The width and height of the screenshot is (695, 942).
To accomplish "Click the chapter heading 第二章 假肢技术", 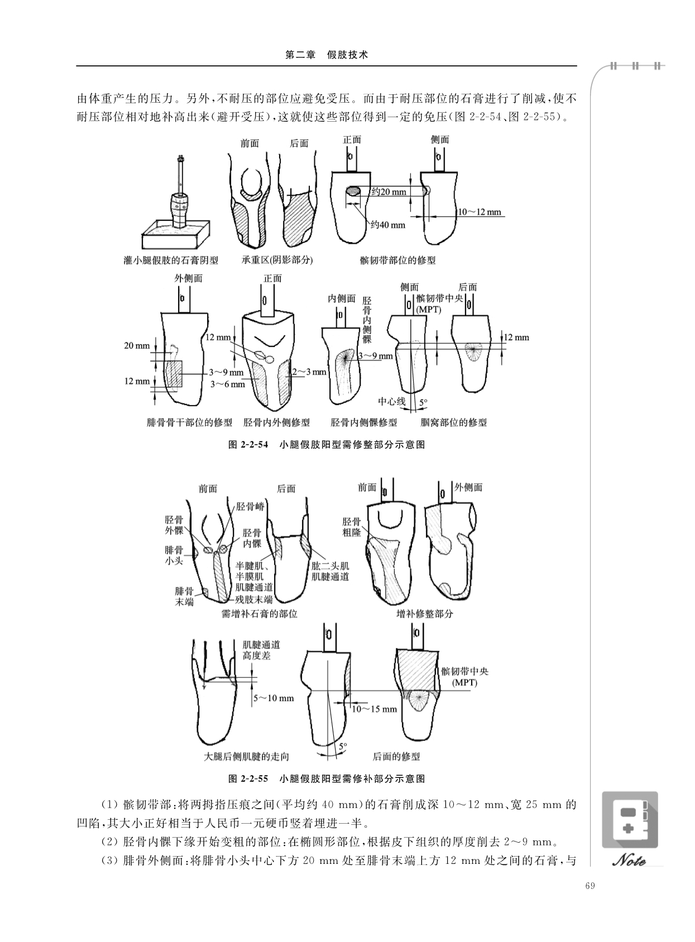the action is (x=327, y=55).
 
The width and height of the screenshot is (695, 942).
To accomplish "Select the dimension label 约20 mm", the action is (x=389, y=192).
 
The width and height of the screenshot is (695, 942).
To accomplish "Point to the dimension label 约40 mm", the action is (x=388, y=225).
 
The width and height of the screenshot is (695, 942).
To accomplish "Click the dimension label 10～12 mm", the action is (x=480, y=212).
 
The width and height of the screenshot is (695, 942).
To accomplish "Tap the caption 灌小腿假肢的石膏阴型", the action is (x=171, y=260).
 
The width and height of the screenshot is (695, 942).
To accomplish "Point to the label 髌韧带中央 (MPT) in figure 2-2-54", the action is (x=440, y=304).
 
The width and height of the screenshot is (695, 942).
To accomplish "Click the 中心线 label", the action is (x=392, y=401).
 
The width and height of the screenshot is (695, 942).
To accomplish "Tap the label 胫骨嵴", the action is (x=250, y=506).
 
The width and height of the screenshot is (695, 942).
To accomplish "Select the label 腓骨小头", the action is (x=174, y=555).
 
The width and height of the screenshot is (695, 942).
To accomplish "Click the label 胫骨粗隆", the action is (x=351, y=527).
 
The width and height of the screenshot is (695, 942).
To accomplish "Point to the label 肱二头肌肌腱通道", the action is (x=330, y=571).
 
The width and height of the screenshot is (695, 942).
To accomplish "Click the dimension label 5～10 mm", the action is (x=274, y=699).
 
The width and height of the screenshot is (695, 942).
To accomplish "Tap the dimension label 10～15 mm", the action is (x=374, y=709).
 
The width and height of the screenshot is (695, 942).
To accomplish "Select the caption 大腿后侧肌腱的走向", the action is (x=246, y=757).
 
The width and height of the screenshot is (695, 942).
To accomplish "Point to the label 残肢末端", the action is (x=253, y=599).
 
